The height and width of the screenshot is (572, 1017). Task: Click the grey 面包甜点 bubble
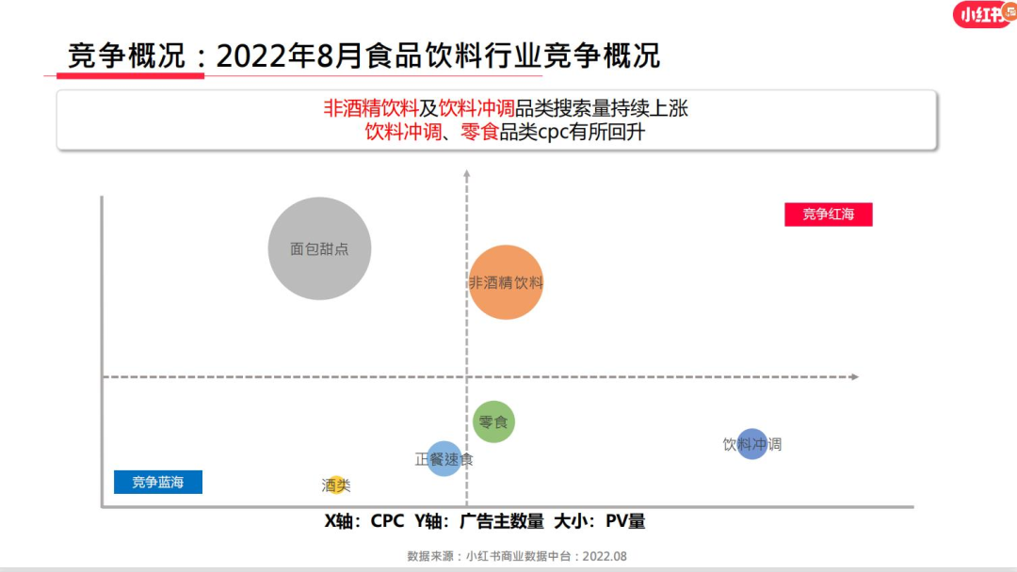point(319,248)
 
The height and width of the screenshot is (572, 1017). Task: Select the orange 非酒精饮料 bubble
point(506,282)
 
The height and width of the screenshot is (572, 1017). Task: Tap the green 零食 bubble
point(493,421)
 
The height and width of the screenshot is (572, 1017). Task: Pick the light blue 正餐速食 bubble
point(444,459)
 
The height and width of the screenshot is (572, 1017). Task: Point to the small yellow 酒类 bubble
point(336,485)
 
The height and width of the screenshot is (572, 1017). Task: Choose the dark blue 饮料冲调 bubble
point(751,444)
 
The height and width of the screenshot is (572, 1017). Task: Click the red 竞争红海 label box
point(829,214)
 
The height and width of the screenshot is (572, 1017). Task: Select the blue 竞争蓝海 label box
point(157,483)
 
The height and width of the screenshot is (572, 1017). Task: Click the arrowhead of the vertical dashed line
point(467,175)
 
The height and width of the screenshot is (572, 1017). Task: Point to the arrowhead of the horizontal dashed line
point(854,377)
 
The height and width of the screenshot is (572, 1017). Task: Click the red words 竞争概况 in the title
point(126,56)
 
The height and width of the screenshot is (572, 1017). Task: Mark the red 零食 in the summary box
point(479,132)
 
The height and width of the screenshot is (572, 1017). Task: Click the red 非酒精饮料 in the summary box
point(371,108)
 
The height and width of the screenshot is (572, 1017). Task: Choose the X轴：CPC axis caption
point(364,521)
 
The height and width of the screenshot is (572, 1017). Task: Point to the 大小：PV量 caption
point(600,521)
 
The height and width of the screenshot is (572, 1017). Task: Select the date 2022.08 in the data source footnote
point(605,556)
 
